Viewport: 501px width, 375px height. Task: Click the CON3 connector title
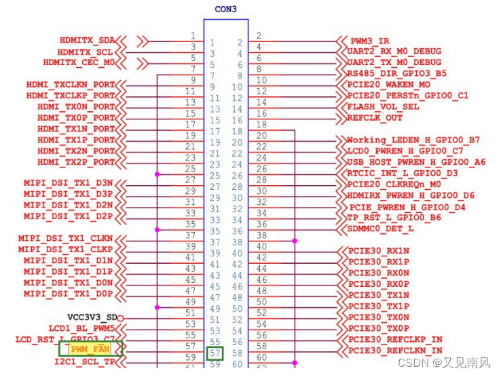(x=226, y=9)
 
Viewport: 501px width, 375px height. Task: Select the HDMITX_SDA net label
(x=87, y=41)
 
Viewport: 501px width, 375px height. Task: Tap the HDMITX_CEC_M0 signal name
(x=79, y=62)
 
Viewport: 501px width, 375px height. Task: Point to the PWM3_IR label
(x=370, y=41)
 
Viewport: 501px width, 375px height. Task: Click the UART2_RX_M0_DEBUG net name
(x=394, y=52)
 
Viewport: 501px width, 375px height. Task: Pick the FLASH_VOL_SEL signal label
(x=383, y=106)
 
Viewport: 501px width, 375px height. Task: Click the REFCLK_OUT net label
(x=375, y=117)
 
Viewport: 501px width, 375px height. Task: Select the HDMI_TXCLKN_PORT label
(x=71, y=84)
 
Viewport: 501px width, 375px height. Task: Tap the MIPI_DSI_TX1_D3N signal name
(x=68, y=183)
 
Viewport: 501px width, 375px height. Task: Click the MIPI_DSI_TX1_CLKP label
(x=65, y=249)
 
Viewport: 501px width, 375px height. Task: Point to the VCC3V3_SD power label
(x=92, y=317)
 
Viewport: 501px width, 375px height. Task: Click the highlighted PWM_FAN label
(x=90, y=349)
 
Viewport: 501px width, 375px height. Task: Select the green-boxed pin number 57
(x=215, y=353)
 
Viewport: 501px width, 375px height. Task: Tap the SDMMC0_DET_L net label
(x=380, y=229)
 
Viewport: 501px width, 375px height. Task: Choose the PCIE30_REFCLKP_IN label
(x=395, y=339)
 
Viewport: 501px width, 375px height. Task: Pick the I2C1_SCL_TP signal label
(x=84, y=361)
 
